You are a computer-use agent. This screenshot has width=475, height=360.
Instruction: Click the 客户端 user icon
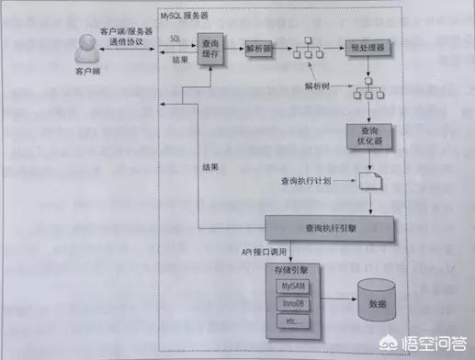pos(86,42)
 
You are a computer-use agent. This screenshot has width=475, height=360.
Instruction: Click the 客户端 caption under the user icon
pos(86,68)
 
